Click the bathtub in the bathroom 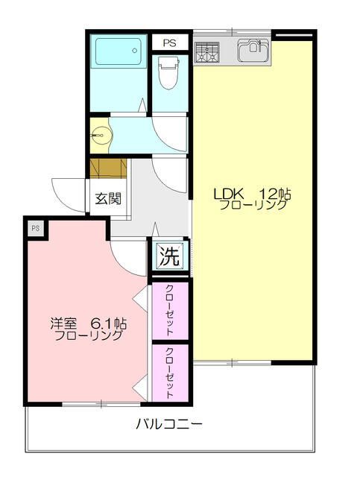(x=119, y=51)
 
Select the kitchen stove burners (x=207, y=53)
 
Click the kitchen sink (x=253, y=50)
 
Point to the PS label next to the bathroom (x=169, y=43)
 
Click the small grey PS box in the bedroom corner (x=36, y=228)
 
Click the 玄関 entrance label (x=108, y=199)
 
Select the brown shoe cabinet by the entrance (x=108, y=168)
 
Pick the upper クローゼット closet (x=170, y=311)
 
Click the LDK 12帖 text (x=252, y=194)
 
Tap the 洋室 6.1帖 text (x=89, y=323)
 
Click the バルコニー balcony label (x=169, y=423)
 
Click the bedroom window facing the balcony (x=101, y=404)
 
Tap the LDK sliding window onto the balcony (x=232, y=363)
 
